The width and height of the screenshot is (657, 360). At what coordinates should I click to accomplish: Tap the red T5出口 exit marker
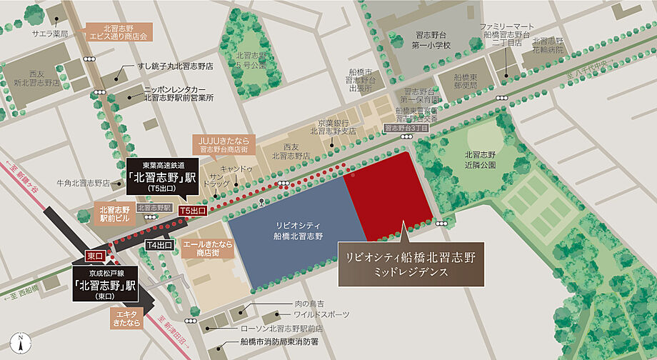tap(192, 211)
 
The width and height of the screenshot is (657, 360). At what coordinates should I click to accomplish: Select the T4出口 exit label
tap(159, 245)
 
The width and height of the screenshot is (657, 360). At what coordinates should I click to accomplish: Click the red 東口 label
tap(96, 255)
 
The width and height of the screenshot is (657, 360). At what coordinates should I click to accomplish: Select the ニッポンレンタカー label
tap(179, 92)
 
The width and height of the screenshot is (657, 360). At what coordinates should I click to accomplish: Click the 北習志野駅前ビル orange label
tap(115, 214)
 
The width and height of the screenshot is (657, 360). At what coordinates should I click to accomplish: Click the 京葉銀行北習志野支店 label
tap(333, 127)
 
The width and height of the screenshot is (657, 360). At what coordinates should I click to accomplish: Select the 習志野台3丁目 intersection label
tap(406, 128)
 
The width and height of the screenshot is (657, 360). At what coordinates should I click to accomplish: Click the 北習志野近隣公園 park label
tap(481, 159)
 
